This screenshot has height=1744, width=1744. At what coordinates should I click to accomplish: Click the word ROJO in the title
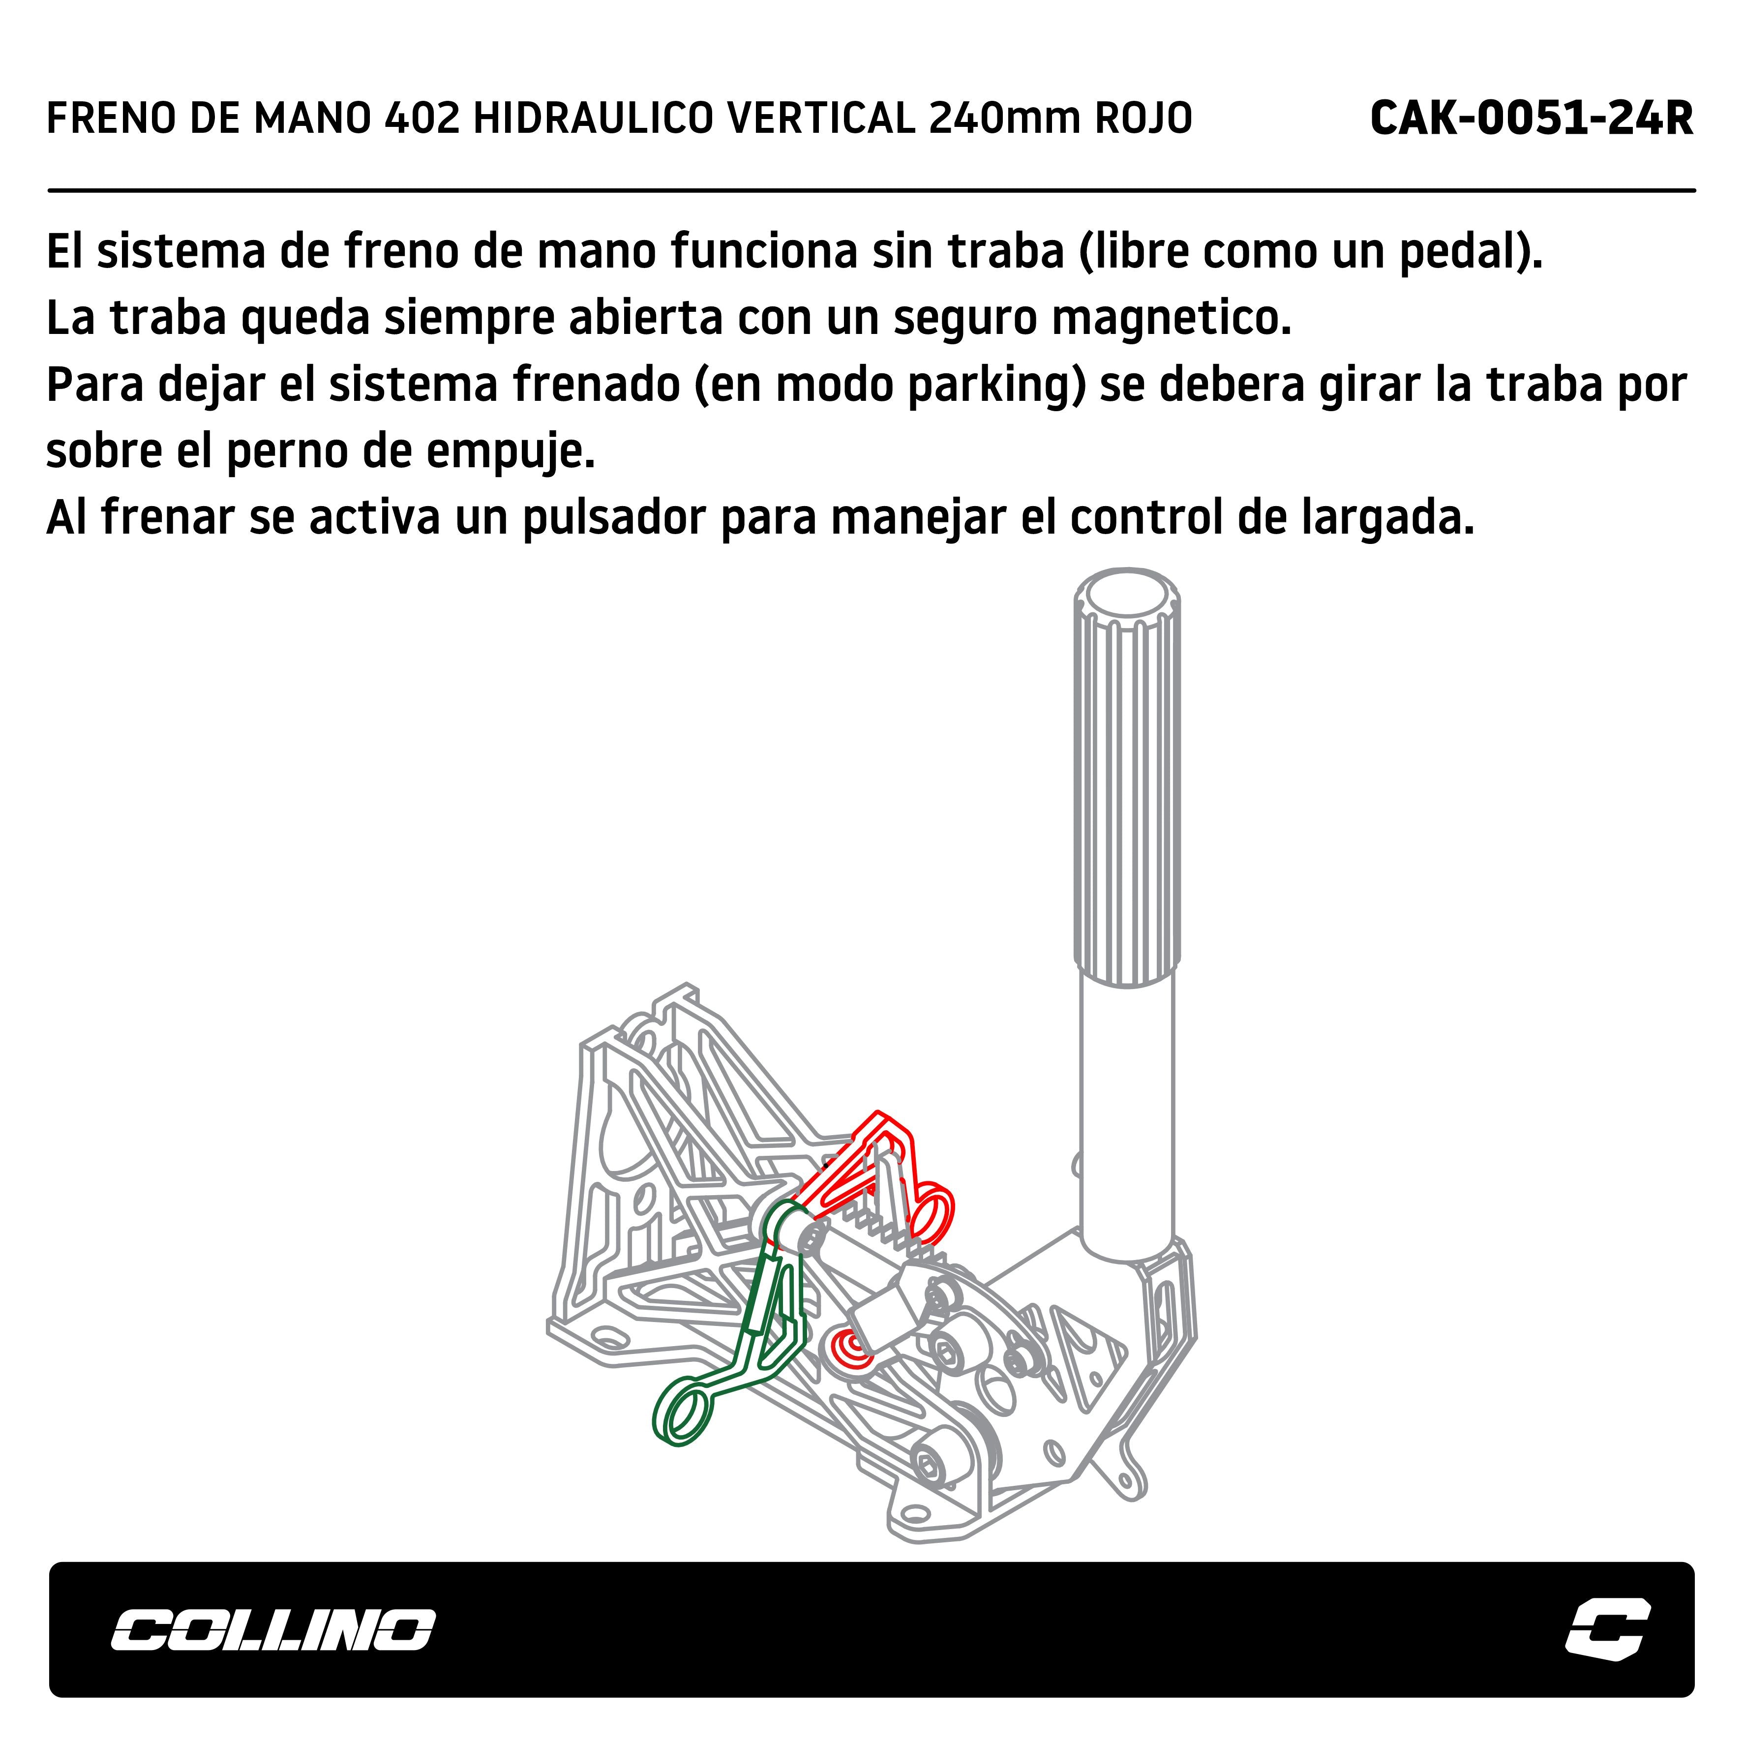point(1143,118)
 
